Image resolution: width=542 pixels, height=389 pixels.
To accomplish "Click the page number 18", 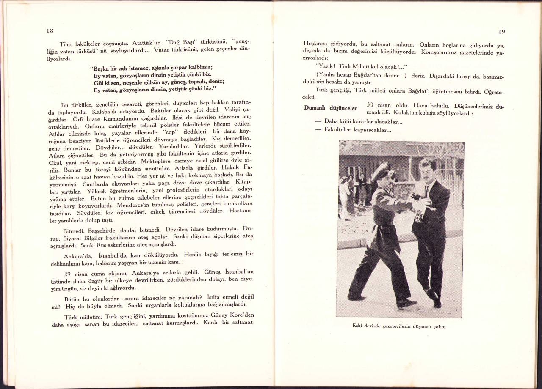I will pyautogui.click(x=50, y=31).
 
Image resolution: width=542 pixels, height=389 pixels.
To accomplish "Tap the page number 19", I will pyautogui.click(x=501, y=31).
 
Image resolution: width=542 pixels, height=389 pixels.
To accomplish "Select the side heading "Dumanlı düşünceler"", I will pyautogui.click(x=330, y=108).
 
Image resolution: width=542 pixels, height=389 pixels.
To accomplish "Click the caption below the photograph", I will pyautogui.click(x=399, y=326).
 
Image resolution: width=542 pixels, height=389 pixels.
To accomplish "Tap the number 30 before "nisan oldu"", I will pyautogui.click(x=370, y=105).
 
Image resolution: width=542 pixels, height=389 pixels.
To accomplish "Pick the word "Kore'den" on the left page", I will pyautogui.click(x=238, y=316).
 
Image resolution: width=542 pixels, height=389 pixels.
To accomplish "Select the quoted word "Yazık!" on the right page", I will pyautogui.click(x=326, y=67).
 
